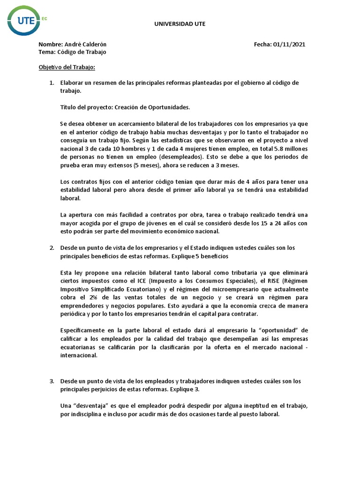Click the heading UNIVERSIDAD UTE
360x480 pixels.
click(180, 23)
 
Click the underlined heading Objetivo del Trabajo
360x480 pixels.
click(67, 67)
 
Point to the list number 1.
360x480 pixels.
click(52, 83)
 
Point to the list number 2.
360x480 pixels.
click(52, 247)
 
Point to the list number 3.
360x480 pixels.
click(52, 381)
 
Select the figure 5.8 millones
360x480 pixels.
click(289, 149)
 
